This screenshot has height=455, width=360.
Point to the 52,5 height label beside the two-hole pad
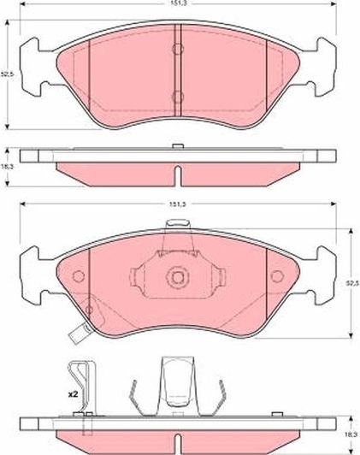coord(8,74)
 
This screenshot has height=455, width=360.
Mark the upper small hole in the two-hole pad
coord(176,50)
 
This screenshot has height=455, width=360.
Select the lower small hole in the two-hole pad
coord(176,96)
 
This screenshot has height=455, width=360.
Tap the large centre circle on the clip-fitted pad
coord(177,277)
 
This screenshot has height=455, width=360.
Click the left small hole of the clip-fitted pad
coord(79,276)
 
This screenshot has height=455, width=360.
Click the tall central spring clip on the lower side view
coord(176,385)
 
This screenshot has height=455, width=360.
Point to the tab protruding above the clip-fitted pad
coord(177,226)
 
